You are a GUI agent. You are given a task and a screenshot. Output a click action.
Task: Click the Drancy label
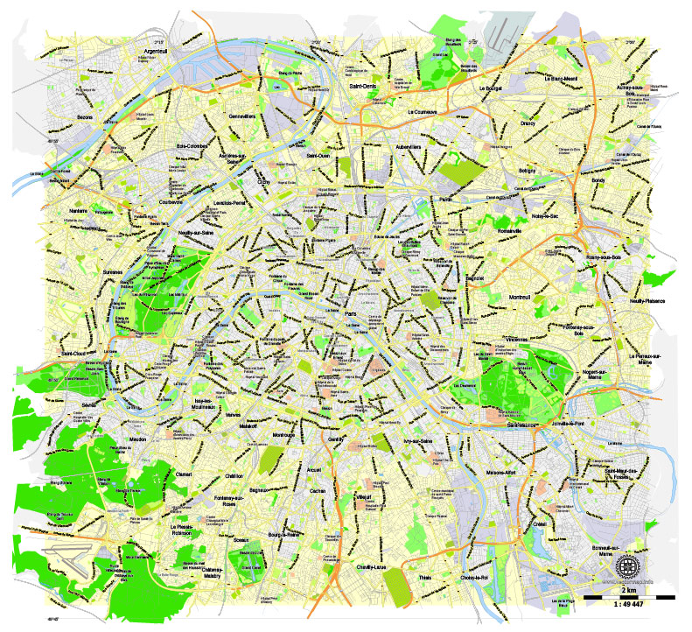tap(527, 123)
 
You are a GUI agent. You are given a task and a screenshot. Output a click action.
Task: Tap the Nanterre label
tap(78, 211)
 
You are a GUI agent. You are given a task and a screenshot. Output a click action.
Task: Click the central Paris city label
tap(352, 312)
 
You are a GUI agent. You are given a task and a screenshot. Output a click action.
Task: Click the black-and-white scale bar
tap(629, 597)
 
